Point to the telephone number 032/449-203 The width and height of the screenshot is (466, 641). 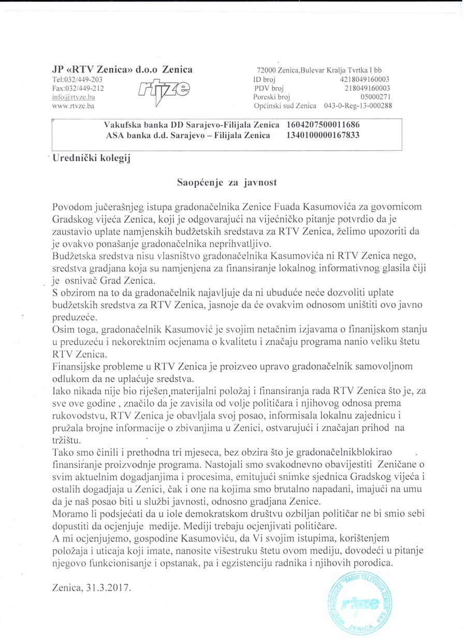pyautogui.click(x=84, y=80)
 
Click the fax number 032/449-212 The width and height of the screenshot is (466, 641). pyautogui.click(x=85, y=89)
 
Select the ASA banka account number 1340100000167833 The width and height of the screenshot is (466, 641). pyautogui.click(x=323, y=136)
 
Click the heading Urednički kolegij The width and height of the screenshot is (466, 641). pyautogui.click(x=92, y=159)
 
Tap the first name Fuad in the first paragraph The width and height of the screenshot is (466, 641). pyautogui.click(x=284, y=207)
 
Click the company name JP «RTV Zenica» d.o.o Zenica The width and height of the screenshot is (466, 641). pyautogui.click(x=122, y=70)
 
